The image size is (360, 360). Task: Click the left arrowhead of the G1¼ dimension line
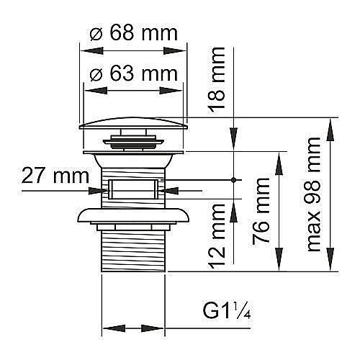[107, 329]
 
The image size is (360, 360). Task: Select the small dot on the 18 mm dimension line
[233, 179]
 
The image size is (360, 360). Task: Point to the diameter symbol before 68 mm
[100, 34]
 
